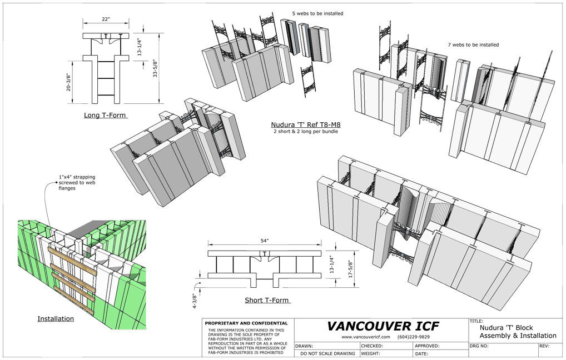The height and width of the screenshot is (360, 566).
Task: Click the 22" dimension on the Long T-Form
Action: (x=106, y=19)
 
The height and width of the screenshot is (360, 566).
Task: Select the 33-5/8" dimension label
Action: (x=155, y=68)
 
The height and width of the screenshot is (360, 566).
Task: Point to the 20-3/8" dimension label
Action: (x=68, y=83)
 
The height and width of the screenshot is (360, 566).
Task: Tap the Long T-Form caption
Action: (x=105, y=116)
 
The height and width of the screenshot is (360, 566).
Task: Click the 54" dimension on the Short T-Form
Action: (x=265, y=241)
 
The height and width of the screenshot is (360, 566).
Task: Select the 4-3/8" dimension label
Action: (x=195, y=301)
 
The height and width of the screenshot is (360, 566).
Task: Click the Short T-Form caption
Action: (x=267, y=300)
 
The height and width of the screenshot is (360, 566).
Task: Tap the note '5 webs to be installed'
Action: (x=317, y=13)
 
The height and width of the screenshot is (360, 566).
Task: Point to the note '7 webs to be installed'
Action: (x=473, y=45)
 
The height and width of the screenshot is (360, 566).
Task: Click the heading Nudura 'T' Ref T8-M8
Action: (x=306, y=125)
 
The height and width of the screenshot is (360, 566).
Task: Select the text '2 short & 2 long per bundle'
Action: (x=306, y=132)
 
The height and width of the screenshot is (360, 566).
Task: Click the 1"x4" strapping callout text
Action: (x=77, y=183)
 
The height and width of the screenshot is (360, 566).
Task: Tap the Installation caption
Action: (x=56, y=319)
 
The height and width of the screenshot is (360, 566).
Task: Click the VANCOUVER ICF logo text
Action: (x=383, y=326)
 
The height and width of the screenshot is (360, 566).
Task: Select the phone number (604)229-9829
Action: (x=413, y=337)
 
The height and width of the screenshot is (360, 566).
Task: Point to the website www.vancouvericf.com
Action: (x=366, y=337)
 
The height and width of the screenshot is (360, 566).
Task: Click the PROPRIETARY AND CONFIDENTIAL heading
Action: (x=246, y=323)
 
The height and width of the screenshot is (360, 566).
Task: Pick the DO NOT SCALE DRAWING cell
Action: (x=327, y=353)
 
